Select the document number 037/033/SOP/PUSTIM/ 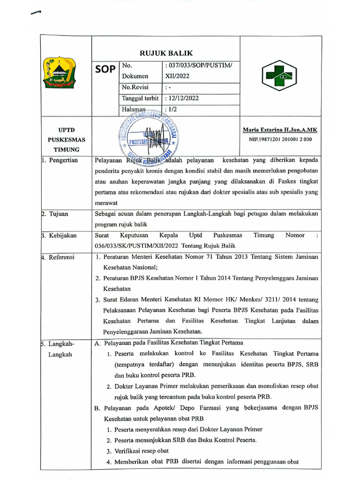tap(198, 65)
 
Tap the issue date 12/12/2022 tap(182, 98)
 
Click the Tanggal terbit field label tap(140, 98)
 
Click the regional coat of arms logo tap(58, 73)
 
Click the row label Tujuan tap(58, 214)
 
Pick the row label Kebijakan tap(62, 235)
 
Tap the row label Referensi tap(61, 257)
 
